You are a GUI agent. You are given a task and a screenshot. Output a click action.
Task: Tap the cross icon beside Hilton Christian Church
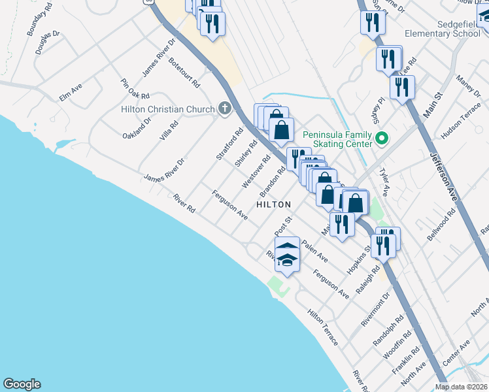tap(225, 108)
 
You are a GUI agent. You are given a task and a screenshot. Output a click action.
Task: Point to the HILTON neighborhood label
tap(273, 204)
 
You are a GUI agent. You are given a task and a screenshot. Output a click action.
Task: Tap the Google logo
tap(22, 384)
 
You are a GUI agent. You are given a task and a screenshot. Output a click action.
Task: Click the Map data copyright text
tap(462, 387)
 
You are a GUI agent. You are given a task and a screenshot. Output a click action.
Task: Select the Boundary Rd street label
tap(39, 24)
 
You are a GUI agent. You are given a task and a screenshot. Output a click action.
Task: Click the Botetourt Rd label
tap(184, 72)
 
